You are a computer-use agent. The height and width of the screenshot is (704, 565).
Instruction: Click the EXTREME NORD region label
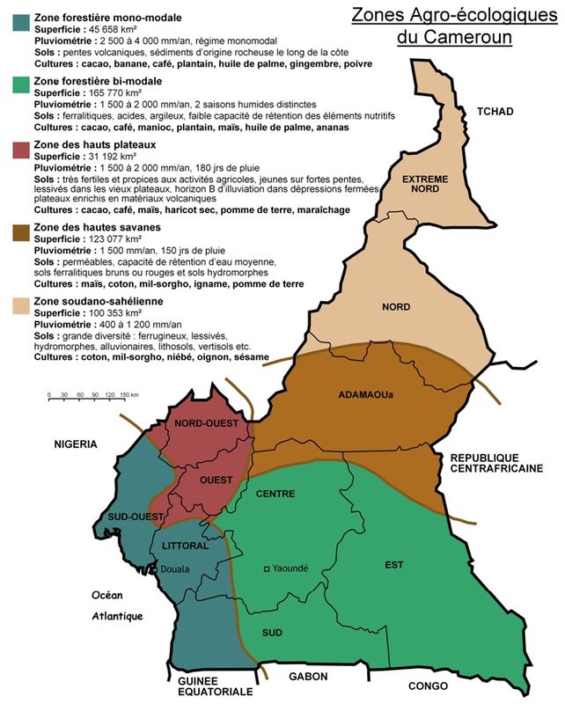[x=425, y=184]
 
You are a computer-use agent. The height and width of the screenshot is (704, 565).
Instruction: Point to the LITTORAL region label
[x=185, y=546]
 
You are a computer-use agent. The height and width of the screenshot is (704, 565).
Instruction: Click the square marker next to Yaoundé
[x=268, y=568]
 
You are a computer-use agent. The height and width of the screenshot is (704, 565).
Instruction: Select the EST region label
[x=393, y=564]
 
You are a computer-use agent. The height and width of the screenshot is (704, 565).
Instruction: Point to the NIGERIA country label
[x=74, y=444]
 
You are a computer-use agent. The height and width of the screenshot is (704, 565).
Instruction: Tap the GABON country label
[x=307, y=677]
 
